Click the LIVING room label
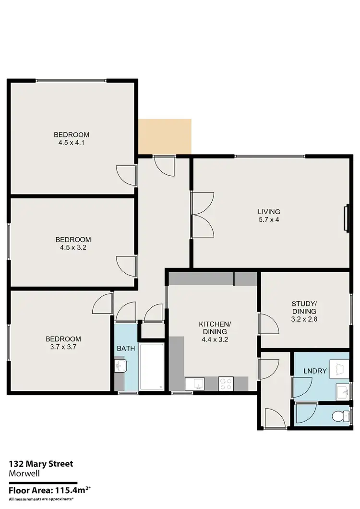coord(268,211)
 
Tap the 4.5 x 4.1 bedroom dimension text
coord(71,143)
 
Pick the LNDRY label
coord(315,371)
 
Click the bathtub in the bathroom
coord(152,367)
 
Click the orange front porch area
coord(165,136)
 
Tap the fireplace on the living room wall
coord(346,219)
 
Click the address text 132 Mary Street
coord(41,464)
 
